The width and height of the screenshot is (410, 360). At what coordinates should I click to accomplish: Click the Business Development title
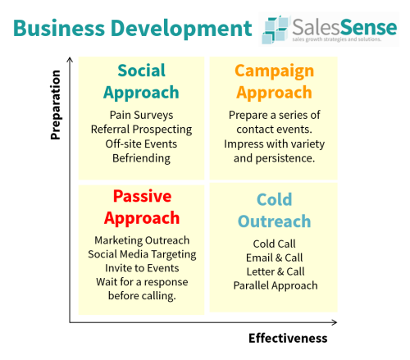(132, 28)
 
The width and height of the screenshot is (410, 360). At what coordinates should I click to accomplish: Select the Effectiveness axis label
(288, 338)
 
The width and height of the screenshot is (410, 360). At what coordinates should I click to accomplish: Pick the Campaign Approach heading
(273, 81)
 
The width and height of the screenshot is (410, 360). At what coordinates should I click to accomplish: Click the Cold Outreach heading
(274, 210)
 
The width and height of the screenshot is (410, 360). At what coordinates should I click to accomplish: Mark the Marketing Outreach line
(142, 239)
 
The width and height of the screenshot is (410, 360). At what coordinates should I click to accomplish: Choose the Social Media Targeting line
(142, 253)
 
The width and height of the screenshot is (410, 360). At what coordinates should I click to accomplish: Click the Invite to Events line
(142, 268)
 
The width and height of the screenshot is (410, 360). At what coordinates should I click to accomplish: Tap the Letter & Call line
(275, 271)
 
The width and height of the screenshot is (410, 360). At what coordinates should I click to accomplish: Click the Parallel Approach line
(275, 285)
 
